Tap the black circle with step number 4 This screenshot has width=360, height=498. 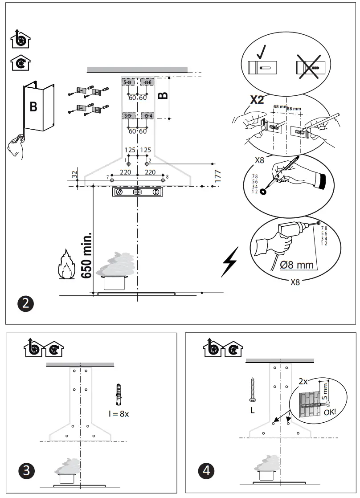click(x=206, y=470)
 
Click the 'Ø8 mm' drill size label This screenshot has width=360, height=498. click(x=297, y=265)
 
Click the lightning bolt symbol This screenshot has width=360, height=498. click(x=229, y=261)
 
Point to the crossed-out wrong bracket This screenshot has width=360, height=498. click(x=307, y=66)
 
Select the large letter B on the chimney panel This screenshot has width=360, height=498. click(x=33, y=107)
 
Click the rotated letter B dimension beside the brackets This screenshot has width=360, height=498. click(x=163, y=95)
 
